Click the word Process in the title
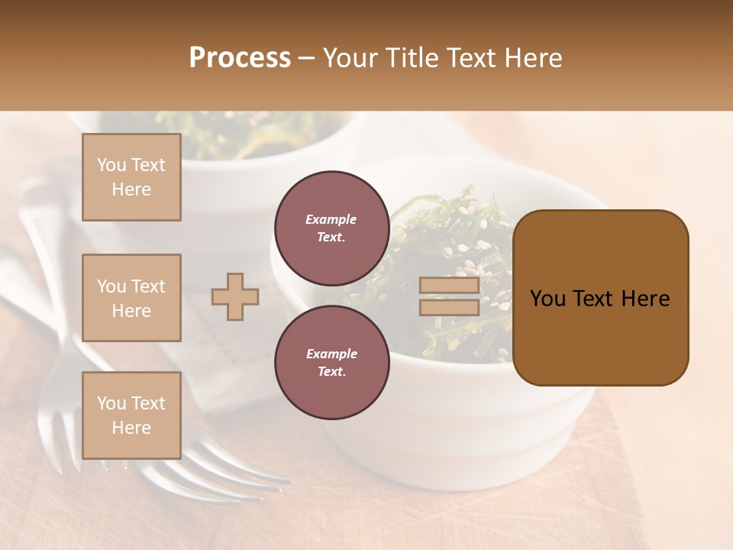pos(240,58)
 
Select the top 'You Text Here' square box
pos(131,177)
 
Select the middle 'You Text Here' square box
pos(131,298)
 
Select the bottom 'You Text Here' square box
pos(131,416)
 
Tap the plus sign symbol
pos(235,296)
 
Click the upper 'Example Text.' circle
pos(331,228)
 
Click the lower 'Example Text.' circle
pos(331,362)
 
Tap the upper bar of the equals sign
pos(449,286)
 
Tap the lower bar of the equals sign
pos(449,307)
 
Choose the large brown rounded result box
pos(600,297)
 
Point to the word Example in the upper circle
pos(331,219)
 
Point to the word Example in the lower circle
pos(331,354)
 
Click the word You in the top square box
pos(111,165)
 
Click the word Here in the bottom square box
pos(131,428)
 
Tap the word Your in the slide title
pos(350,58)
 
